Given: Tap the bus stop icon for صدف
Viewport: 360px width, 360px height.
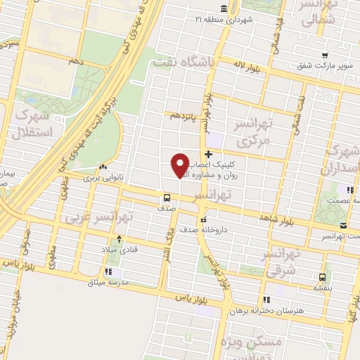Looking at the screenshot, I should click(167, 198).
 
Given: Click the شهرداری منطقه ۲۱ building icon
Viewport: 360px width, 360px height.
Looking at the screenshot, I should click(223, 8).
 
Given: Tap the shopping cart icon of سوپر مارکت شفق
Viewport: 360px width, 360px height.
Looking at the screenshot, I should click(323, 56).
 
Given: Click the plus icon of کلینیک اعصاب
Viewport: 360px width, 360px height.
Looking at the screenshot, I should click(208, 153).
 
